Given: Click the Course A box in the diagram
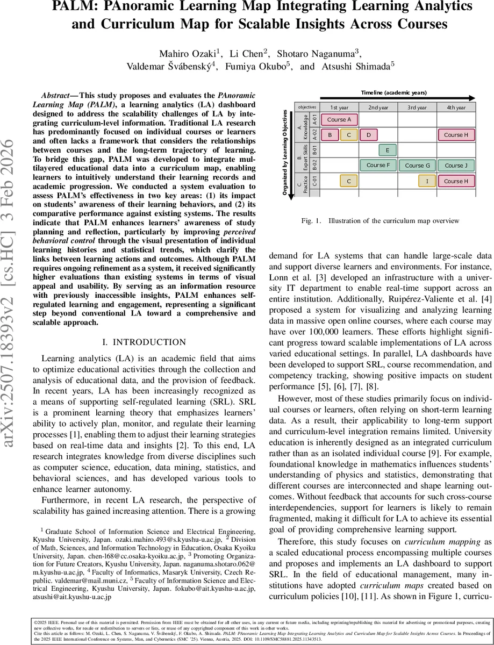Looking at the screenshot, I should [x=339, y=119].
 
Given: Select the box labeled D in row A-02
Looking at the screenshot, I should [x=368, y=135].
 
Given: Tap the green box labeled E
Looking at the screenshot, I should [x=388, y=150].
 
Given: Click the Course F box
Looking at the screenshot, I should [x=378, y=166].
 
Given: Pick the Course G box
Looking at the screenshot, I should [x=417, y=166].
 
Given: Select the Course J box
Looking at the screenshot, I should [x=456, y=166].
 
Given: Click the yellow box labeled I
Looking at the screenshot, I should [x=427, y=181].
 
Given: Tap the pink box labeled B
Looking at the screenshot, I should [x=330, y=135].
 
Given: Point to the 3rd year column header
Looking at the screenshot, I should [x=417, y=107].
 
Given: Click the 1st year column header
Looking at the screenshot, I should [x=339, y=107].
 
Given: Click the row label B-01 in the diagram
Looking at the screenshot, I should [x=315, y=150].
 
